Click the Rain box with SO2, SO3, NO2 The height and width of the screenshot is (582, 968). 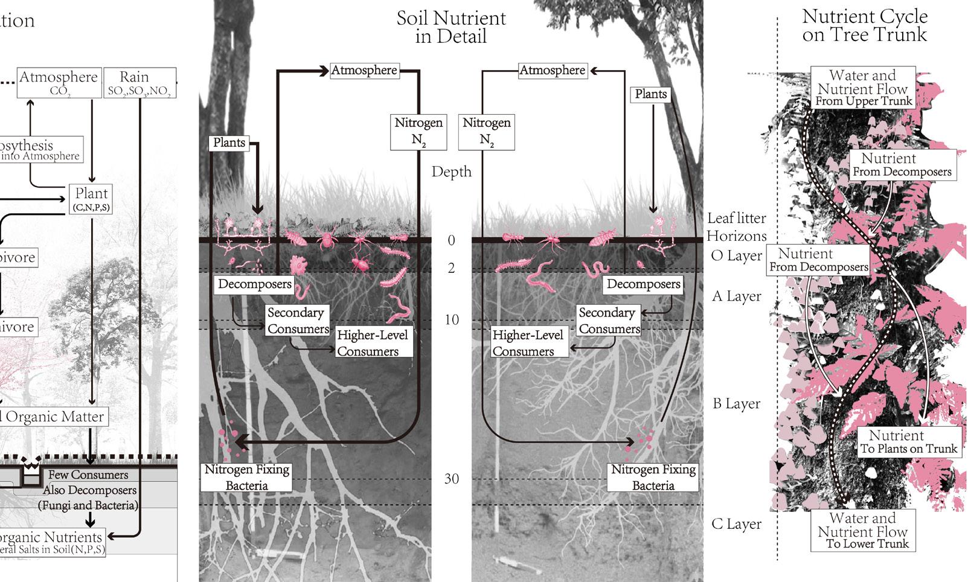(139, 83)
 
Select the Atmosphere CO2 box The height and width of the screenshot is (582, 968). (59, 83)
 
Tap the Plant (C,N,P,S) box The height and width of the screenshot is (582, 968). (91, 199)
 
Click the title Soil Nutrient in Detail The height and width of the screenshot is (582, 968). (451, 27)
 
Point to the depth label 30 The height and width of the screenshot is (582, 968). (452, 479)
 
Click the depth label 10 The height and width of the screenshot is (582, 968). (452, 319)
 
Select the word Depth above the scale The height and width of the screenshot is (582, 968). (451, 172)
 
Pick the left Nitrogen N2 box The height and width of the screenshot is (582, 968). (418, 131)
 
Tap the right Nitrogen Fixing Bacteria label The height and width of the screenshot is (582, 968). (653, 477)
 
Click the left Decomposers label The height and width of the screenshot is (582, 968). (254, 284)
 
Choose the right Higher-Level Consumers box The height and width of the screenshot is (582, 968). (527, 343)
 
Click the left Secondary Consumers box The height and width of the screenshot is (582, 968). (298, 320)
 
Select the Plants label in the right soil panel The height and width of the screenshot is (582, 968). (650, 94)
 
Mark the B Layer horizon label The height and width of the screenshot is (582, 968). (736, 403)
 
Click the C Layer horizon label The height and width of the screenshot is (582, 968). (736, 524)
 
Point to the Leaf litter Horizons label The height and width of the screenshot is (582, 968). (736, 227)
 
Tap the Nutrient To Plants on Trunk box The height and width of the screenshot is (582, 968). (909, 441)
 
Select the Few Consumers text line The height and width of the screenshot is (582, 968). (88, 475)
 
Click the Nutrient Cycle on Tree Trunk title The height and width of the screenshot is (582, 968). (864, 25)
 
